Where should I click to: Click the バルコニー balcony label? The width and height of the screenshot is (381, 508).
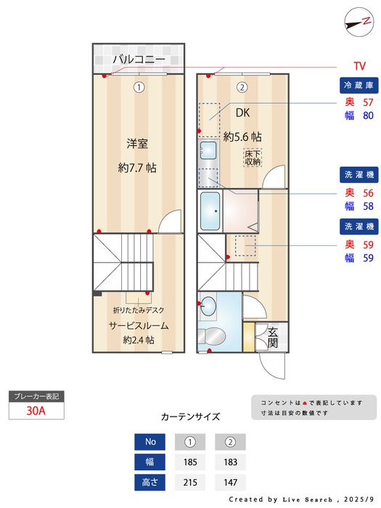[x=138, y=59]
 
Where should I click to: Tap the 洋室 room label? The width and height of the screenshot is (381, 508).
[x=137, y=144]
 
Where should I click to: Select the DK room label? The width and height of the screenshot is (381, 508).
[x=242, y=112]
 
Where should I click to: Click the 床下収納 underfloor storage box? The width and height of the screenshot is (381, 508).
[x=253, y=157]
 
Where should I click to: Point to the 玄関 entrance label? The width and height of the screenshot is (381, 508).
[x=273, y=337]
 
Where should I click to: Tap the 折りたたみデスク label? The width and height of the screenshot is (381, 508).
[x=137, y=310]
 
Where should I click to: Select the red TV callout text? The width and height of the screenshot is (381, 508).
[x=359, y=65]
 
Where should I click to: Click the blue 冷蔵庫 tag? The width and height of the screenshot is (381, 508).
[x=357, y=85]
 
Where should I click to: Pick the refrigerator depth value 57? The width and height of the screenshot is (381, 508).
[x=368, y=102]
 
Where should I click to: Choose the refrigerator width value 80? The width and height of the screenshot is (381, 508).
[x=368, y=115]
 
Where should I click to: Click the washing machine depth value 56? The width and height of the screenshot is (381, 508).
[x=368, y=192]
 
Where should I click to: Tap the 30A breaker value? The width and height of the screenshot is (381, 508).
[x=36, y=411]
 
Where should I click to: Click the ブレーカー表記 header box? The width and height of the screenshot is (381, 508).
[x=36, y=396]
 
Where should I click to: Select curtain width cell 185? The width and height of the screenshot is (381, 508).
[x=190, y=462]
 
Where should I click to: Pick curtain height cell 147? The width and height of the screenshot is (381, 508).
[x=230, y=482]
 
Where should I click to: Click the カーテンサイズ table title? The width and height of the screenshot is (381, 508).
[x=190, y=417]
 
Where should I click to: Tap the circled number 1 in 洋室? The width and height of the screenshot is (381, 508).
[x=138, y=87]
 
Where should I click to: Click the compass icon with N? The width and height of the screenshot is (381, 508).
[x=355, y=22]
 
